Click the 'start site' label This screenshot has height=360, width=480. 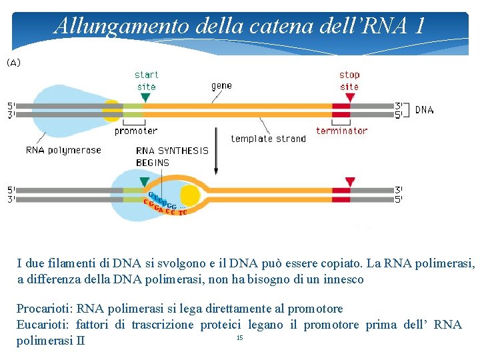(146, 81)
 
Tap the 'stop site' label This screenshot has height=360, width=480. (349, 81)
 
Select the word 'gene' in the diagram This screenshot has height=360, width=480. (222, 85)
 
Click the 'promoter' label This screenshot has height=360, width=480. (136, 131)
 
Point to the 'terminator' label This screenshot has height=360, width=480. (341, 131)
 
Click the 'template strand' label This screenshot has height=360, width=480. (268, 139)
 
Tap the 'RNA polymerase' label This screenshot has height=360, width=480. (63, 150)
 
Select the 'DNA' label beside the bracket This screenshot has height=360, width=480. (424, 110)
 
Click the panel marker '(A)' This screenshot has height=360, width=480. (14, 63)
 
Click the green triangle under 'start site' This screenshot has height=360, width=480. (146, 97)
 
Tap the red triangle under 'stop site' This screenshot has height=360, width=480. (349, 97)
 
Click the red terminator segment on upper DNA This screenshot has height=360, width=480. (341, 110)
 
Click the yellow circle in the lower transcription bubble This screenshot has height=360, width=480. (190, 195)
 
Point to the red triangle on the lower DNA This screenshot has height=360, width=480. (349, 182)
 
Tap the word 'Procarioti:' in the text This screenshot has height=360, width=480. (45, 309)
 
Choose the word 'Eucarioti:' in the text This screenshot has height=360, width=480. (43, 325)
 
